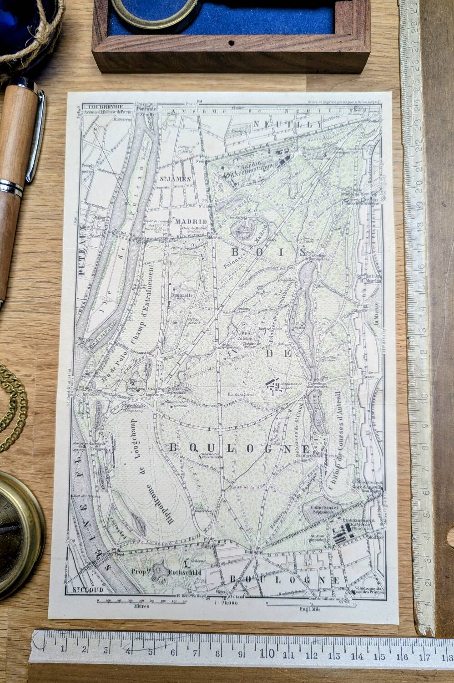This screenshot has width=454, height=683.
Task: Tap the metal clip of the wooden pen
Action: (36, 137)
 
